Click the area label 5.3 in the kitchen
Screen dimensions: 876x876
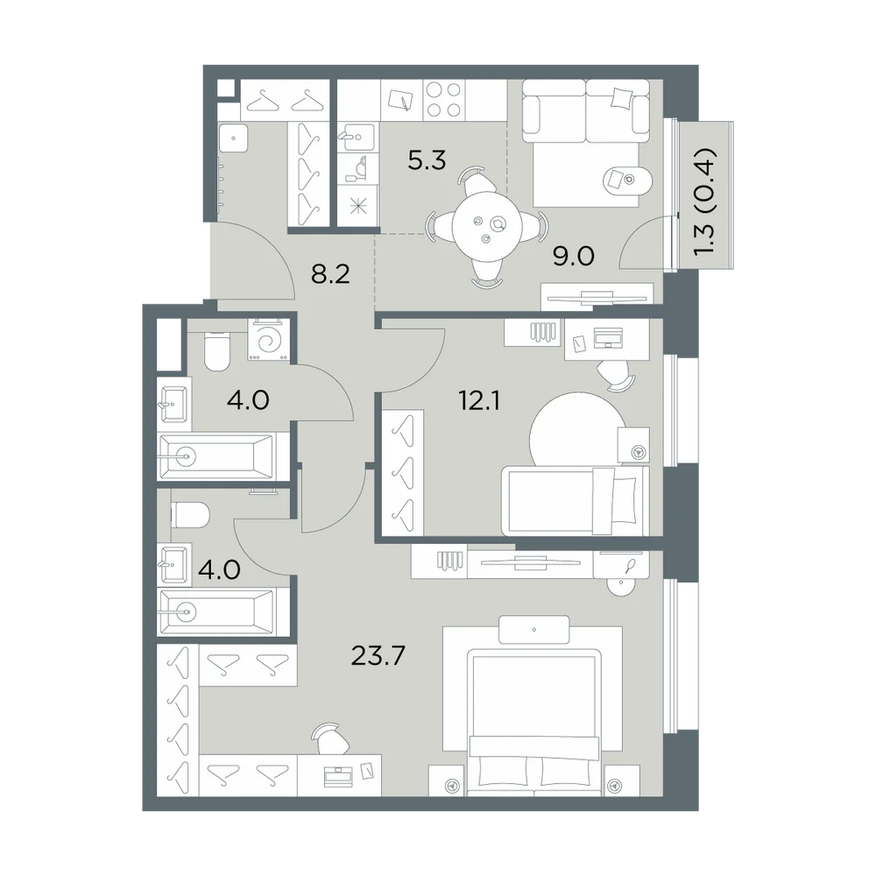[x=427, y=160]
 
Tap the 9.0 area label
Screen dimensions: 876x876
[x=573, y=257]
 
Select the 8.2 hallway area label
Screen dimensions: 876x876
[x=330, y=274]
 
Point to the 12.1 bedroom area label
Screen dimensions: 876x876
[x=479, y=400]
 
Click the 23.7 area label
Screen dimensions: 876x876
[x=378, y=655]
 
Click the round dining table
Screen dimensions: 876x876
[x=488, y=227]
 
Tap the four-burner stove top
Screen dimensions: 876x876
[x=443, y=100]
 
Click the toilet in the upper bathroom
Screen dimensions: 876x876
[x=216, y=351]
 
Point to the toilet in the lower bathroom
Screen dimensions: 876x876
[x=190, y=514]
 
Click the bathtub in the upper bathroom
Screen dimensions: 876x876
[x=216, y=456]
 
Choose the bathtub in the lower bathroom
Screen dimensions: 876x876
[x=216, y=611]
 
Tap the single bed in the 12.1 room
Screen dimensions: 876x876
[x=576, y=500]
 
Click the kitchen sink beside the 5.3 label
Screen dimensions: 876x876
[x=357, y=137]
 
